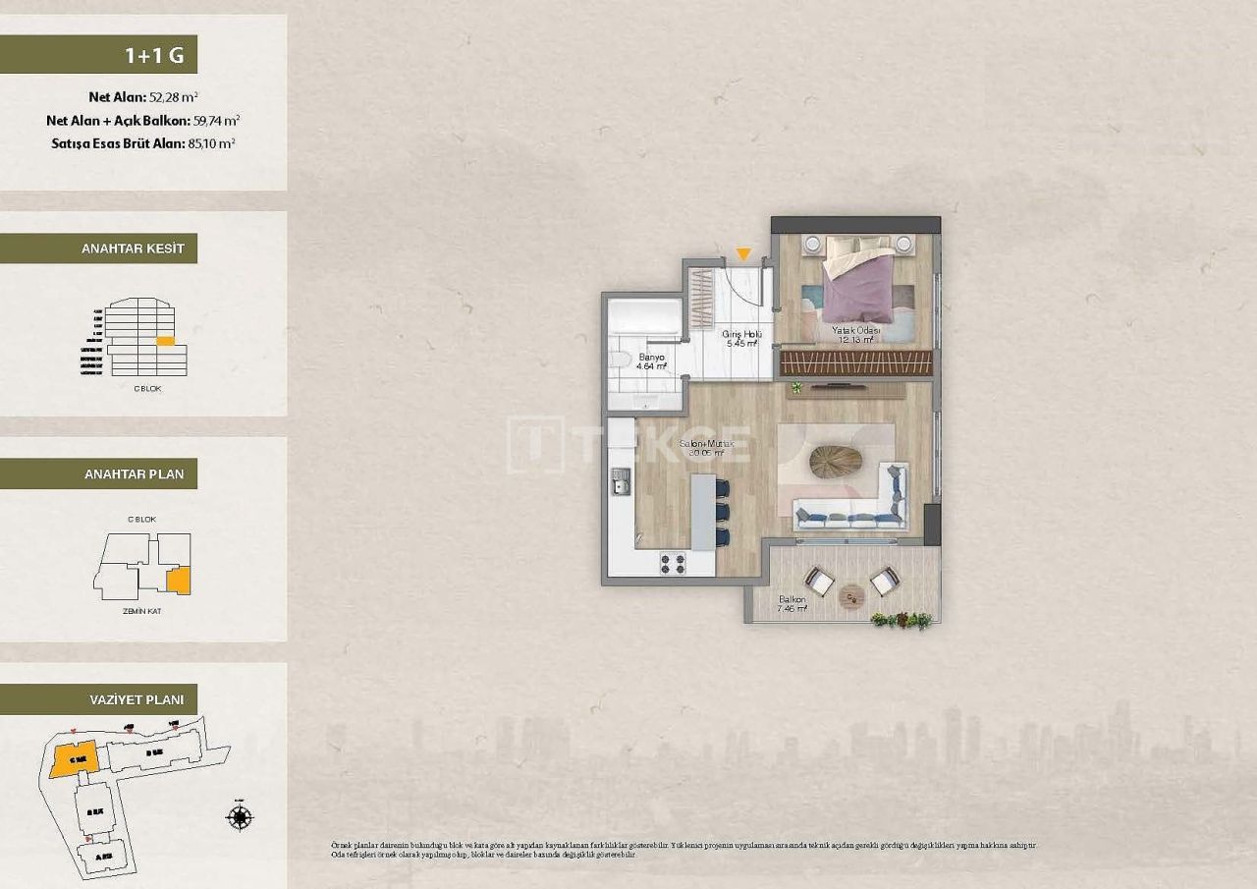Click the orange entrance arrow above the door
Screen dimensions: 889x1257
click(x=743, y=254)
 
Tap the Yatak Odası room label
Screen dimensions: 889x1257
click(x=853, y=334)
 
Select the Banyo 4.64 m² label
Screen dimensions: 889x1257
click(x=651, y=361)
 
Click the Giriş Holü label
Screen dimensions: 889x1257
click(x=741, y=339)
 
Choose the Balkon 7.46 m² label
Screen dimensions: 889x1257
click(x=792, y=603)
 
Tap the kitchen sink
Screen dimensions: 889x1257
click(x=621, y=481)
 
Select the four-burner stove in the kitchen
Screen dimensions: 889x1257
click(x=673, y=563)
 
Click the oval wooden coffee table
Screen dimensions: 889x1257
click(x=836, y=462)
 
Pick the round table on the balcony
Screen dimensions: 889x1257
click(x=851, y=593)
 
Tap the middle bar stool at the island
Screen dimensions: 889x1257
click(x=723, y=512)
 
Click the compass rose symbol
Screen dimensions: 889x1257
click(x=240, y=816)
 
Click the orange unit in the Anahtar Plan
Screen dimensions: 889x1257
click(x=178, y=581)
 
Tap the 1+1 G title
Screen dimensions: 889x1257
click(x=154, y=55)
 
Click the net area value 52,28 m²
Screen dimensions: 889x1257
click(x=174, y=97)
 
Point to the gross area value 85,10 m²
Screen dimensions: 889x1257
click(x=210, y=142)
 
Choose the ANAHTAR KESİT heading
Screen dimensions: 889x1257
click(x=133, y=249)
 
